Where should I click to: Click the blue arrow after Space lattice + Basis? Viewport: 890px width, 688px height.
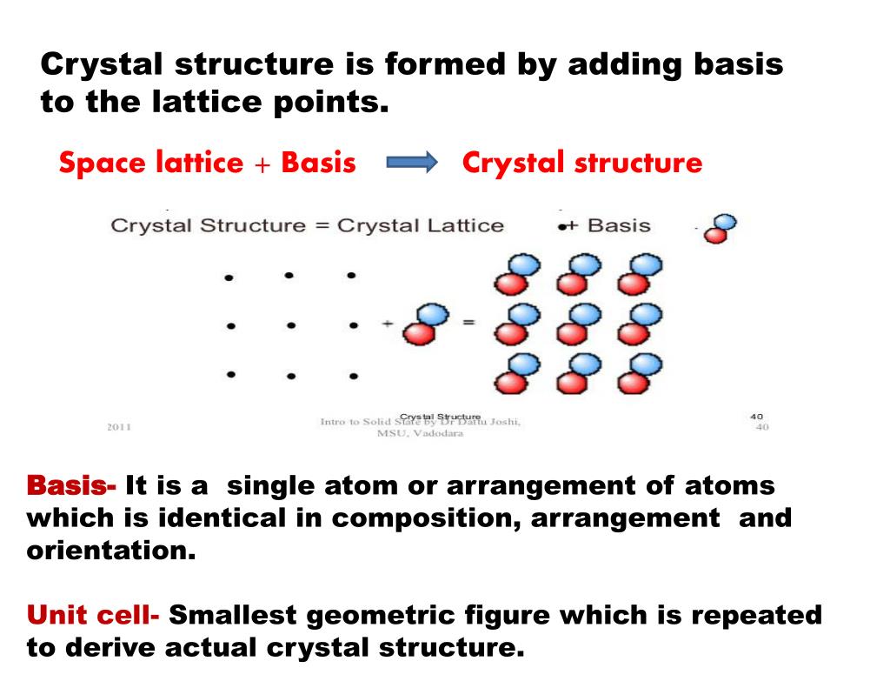[408, 163]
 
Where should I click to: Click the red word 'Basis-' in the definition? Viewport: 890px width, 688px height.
[71, 485]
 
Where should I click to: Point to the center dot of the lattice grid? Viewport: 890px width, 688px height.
[291, 326]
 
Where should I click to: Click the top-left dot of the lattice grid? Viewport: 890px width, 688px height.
[229, 277]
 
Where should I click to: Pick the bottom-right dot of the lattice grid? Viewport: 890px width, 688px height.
[353, 377]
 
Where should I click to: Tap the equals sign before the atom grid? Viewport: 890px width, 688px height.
[468, 323]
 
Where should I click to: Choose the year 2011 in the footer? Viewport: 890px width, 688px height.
[119, 427]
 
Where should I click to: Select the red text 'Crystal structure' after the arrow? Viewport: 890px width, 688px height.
[581, 163]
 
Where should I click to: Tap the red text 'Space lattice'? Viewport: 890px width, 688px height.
[150, 163]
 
